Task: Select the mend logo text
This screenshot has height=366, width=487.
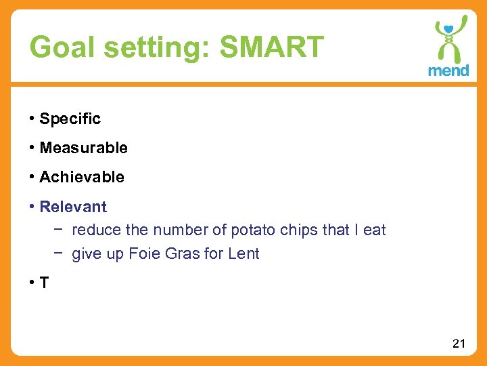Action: pyautogui.click(x=448, y=70)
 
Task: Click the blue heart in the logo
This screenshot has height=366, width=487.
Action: pyautogui.click(x=448, y=28)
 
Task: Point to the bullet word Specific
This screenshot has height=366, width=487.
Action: pyautogui.click(x=70, y=119)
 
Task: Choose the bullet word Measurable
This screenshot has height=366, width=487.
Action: pyautogui.click(x=83, y=148)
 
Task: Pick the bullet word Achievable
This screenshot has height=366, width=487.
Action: pyautogui.click(x=82, y=178)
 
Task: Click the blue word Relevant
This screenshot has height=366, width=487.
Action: pyautogui.click(x=73, y=207)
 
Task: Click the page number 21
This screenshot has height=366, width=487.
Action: pyautogui.click(x=459, y=344)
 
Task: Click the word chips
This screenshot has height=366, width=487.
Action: pyautogui.click(x=298, y=230)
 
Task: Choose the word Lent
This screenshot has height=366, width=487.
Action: pyautogui.click(x=243, y=255)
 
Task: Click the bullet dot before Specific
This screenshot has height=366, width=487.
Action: pyautogui.click(x=32, y=119)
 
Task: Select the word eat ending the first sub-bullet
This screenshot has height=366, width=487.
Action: pyautogui.click(x=375, y=230)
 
